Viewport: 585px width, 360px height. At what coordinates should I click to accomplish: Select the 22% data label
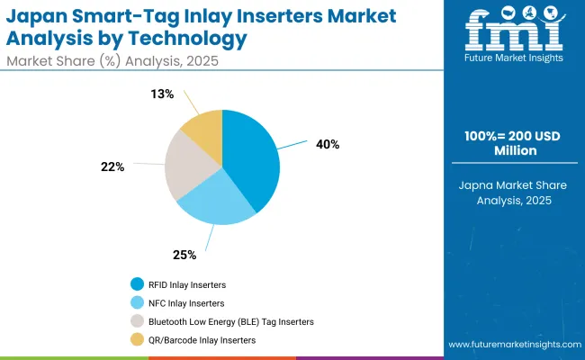[113, 166]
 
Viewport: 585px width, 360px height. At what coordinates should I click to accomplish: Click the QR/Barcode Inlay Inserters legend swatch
[136, 339]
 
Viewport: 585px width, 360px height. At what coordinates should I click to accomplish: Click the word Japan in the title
[38, 16]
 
